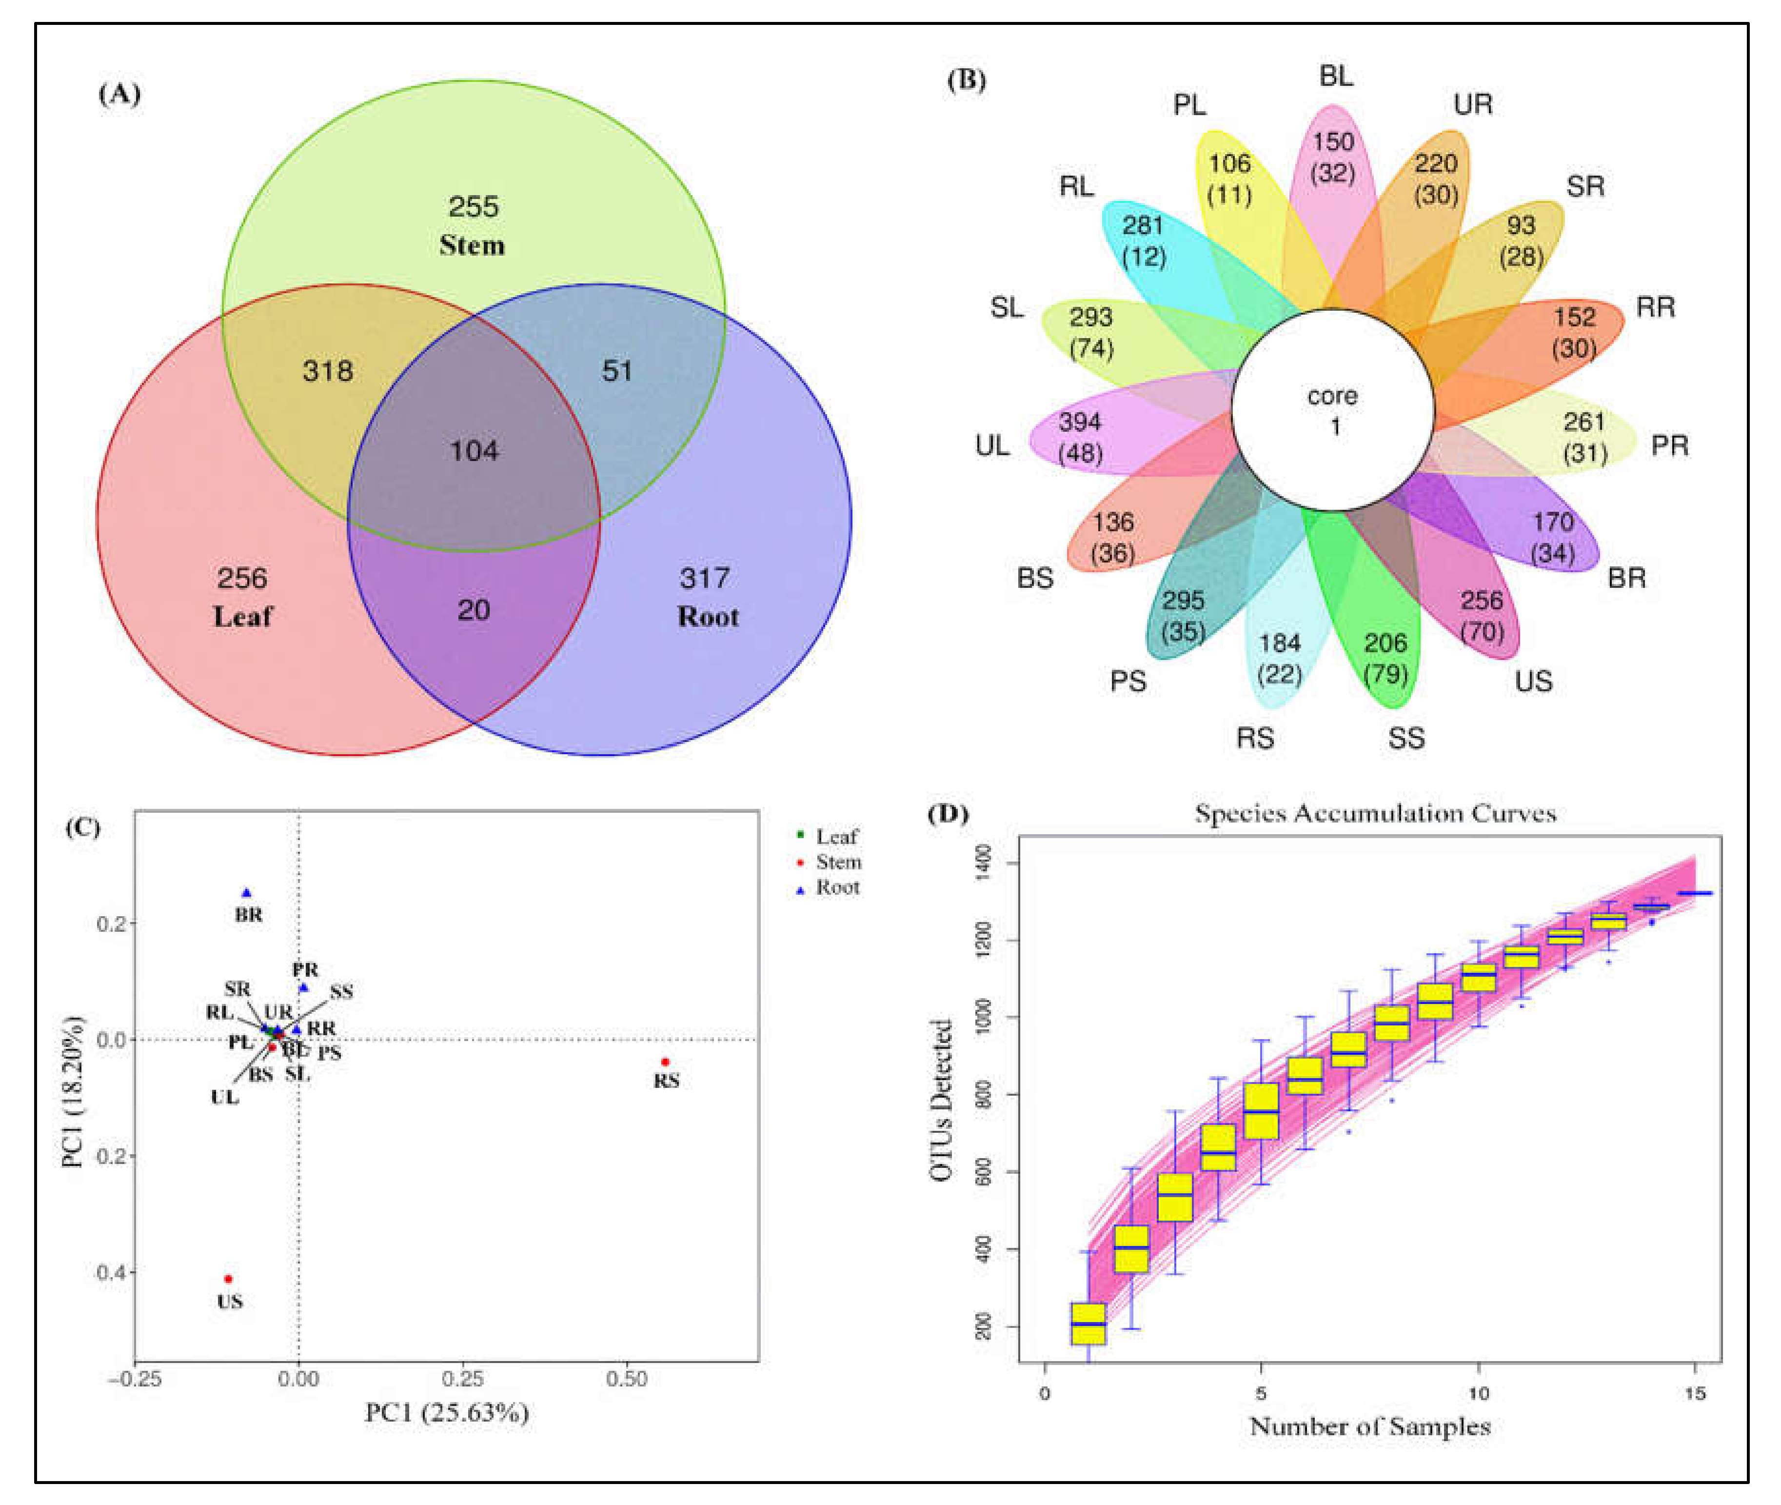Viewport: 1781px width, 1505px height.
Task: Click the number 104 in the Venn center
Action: pyautogui.click(x=474, y=450)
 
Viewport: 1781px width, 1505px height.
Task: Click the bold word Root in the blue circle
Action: pyautogui.click(x=708, y=617)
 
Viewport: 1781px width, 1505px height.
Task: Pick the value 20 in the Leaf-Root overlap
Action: pyautogui.click(x=474, y=609)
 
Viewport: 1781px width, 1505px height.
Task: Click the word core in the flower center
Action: pyautogui.click(x=1332, y=396)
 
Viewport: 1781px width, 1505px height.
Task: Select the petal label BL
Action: pyautogui.click(x=1336, y=76)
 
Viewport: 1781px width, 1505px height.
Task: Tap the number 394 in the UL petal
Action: pyautogui.click(x=1080, y=421)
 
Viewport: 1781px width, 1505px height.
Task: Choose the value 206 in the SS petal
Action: pyautogui.click(x=1385, y=642)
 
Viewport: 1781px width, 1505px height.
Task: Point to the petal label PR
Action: pyautogui.click(x=1669, y=445)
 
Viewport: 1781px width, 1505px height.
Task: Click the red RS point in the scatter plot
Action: pyautogui.click(x=665, y=1062)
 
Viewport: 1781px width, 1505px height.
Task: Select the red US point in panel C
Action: pyautogui.click(x=228, y=1279)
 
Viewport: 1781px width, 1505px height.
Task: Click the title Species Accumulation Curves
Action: pyautogui.click(x=1375, y=813)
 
